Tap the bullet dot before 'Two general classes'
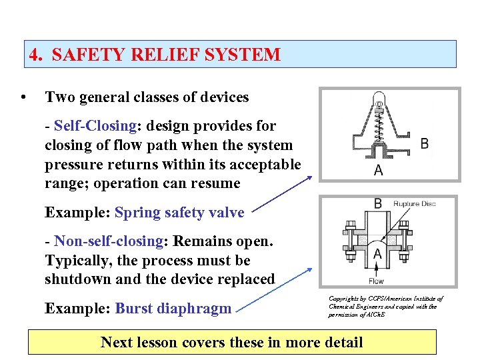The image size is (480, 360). [x=24, y=97]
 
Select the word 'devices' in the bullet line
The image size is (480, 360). [x=224, y=97]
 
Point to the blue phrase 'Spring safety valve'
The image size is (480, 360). [x=179, y=213]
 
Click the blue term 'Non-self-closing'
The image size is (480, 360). [x=109, y=241]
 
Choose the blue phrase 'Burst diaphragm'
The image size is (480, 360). [x=173, y=309]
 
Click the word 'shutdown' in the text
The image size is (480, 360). [x=74, y=279]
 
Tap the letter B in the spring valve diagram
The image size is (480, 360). [x=425, y=143]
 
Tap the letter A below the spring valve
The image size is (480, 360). [x=379, y=170]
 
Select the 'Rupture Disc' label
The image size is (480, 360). [x=414, y=204]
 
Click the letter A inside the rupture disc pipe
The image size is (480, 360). [x=377, y=253]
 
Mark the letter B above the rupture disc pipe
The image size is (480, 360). [x=377, y=204]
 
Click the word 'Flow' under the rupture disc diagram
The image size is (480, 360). [x=377, y=281]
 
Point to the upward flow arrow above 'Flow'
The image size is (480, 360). [x=377, y=269]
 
